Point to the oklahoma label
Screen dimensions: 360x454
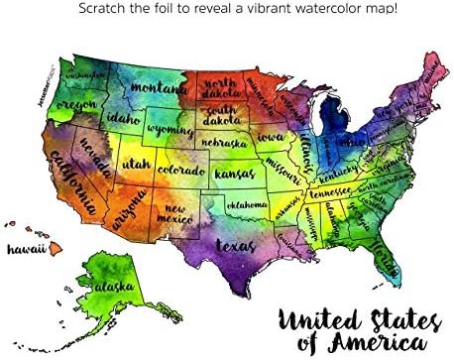tap(246, 205)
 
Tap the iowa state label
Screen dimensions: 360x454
tap(273, 138)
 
